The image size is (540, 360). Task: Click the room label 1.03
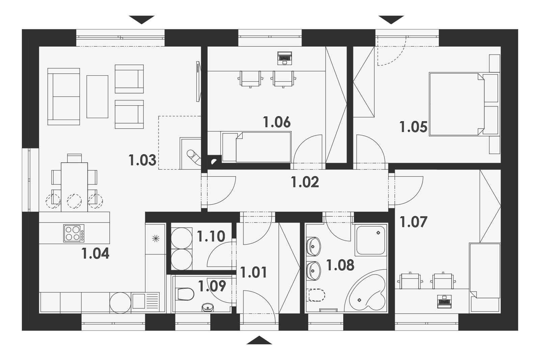[142, 160]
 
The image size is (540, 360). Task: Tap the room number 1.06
[277, 122]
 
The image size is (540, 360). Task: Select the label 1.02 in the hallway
[305, 182]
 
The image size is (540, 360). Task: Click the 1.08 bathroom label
[341, 265]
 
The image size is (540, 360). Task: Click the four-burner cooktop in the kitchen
[74, 233]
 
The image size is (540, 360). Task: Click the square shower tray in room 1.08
[371, 240]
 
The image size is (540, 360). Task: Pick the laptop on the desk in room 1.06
[285, 58]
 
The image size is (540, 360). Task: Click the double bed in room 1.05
[464, 104]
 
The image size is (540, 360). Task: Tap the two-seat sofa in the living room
[64, 97]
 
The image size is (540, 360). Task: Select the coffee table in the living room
[98, 97]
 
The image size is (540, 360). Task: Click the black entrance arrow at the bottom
[260, 340]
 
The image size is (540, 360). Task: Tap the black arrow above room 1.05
[391, 20]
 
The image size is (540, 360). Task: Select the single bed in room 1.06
[257, 147]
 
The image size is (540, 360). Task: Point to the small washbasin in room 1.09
[208, 308]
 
